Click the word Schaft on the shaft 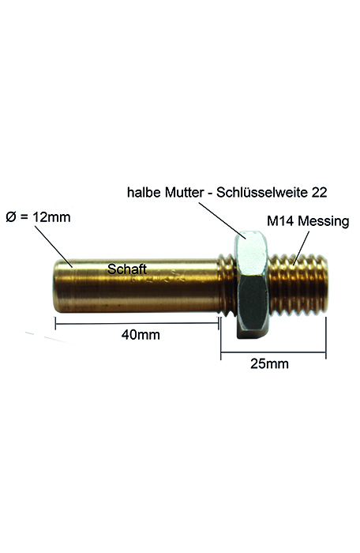[x=127, y=269]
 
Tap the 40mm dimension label [x=141, y=334]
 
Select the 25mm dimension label [x=269, y=363]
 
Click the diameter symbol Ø [x=11, y=217]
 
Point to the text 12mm [x=51, y=217]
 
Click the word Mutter [x=185, y=192]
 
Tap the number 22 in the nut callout [x=319, y=192]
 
